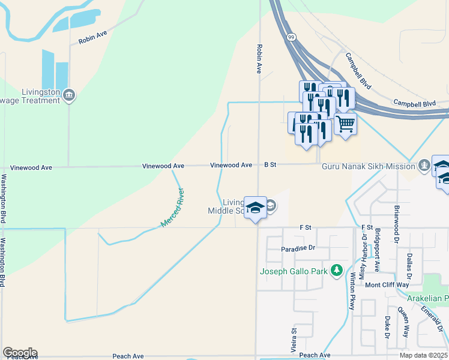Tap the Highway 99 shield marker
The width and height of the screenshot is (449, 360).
[x=291, y=37]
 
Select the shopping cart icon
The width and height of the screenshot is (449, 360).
[x=345, y=124]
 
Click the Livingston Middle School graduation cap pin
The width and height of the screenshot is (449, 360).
[x=256, y=208]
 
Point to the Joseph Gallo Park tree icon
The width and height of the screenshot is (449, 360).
[x=337, y=271]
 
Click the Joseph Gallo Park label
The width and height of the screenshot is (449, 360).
[x=294, y=271]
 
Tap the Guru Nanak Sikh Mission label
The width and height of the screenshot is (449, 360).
[x=369, y=166]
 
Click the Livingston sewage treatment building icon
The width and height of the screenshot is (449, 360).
[x=69, y=95]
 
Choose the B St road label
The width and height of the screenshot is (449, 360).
[x=270, y=164]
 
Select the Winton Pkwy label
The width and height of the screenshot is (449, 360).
[x=353, y=290]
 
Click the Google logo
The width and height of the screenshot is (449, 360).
[x=20, y=353]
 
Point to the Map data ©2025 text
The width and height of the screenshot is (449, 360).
[x=424, y=355]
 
